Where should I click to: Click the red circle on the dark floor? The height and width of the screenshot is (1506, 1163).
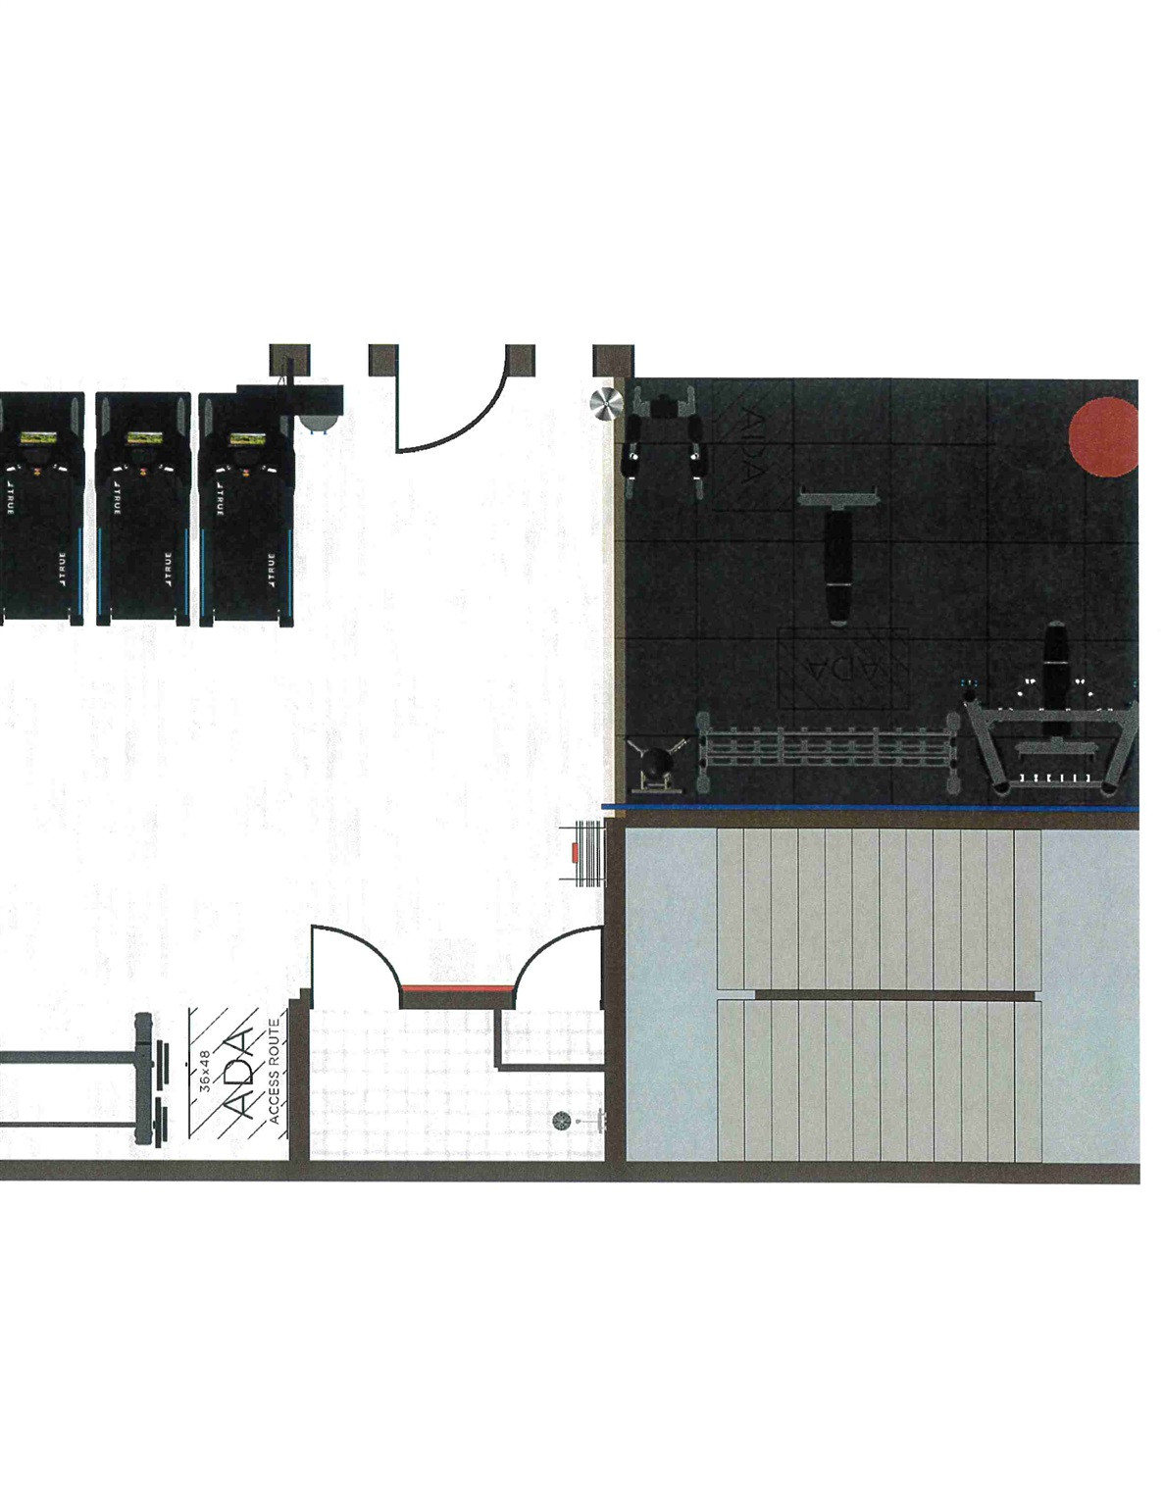click(x=1104, y=437)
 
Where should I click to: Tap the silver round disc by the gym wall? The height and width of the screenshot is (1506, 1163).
click(x=606, y=403)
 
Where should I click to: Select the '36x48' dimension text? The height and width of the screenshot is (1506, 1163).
click(x=205, y=1071)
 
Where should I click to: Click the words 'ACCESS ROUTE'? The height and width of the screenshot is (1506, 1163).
click(x=275, y=1071)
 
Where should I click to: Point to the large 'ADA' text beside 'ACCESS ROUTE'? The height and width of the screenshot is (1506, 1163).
click(x=239, y=1075)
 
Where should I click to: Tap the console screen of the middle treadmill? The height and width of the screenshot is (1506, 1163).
click(x=140, y=439)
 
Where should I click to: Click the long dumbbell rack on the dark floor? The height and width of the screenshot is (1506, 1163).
click(x=827, y=752)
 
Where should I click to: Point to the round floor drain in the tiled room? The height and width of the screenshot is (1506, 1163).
click(x=562, y=1121)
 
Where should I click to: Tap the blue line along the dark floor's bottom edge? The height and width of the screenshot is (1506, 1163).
click(x=873, y=808)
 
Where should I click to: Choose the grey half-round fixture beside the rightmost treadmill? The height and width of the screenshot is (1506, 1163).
click(x=319, y=423)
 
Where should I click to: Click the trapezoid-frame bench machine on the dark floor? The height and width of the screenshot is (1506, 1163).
click(x=1051, y=735)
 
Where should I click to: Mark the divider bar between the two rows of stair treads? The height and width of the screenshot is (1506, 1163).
click(x=894, y=995)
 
